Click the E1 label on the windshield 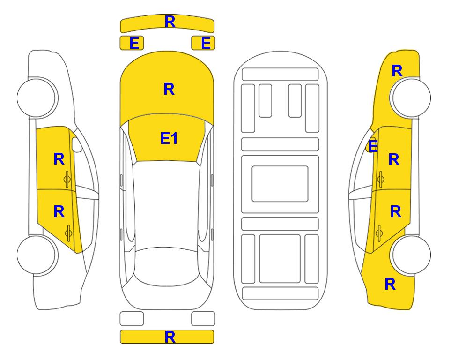[169, 138]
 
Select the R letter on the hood [169, 89]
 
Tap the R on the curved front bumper [170, 22]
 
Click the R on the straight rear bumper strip [170, 337]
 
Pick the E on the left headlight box [134, 43]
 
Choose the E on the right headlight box [206, 43]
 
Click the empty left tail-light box [132, 319]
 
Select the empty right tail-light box [203, 319]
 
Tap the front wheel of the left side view [37, 97]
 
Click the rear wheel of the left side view [37, 255]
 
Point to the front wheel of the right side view [411, 97]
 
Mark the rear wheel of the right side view [411, 255]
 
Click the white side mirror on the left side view [77, 144]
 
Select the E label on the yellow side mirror [373, 146]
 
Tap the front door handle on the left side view [67, 179]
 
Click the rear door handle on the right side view [379, 233]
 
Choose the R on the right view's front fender [397, 71]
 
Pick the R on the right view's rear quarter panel [390, 284]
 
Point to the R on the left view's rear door [59, 212]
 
